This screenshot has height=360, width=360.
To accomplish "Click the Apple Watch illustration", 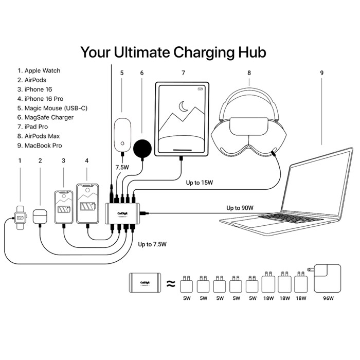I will click(20, 218).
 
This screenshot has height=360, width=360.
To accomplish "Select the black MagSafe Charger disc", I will click(143, 148).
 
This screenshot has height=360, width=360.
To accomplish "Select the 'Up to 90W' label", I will click(241, 208).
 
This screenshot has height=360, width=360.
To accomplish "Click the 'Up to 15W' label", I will click(201, 182).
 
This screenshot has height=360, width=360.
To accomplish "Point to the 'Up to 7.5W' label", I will click(153, 244).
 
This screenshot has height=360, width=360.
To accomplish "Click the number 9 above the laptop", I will click(321, 73).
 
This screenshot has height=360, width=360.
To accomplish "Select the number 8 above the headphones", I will click(249, 73).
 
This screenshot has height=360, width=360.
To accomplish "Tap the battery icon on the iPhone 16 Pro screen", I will click(86, 209).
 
